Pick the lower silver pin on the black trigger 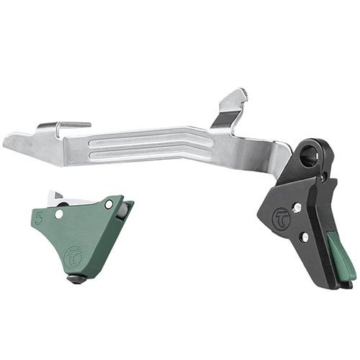click(x=305, y=236)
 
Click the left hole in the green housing click(x=58, y=214)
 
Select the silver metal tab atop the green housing click(x=57, y=196)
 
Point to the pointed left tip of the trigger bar click(x=9, y=140)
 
